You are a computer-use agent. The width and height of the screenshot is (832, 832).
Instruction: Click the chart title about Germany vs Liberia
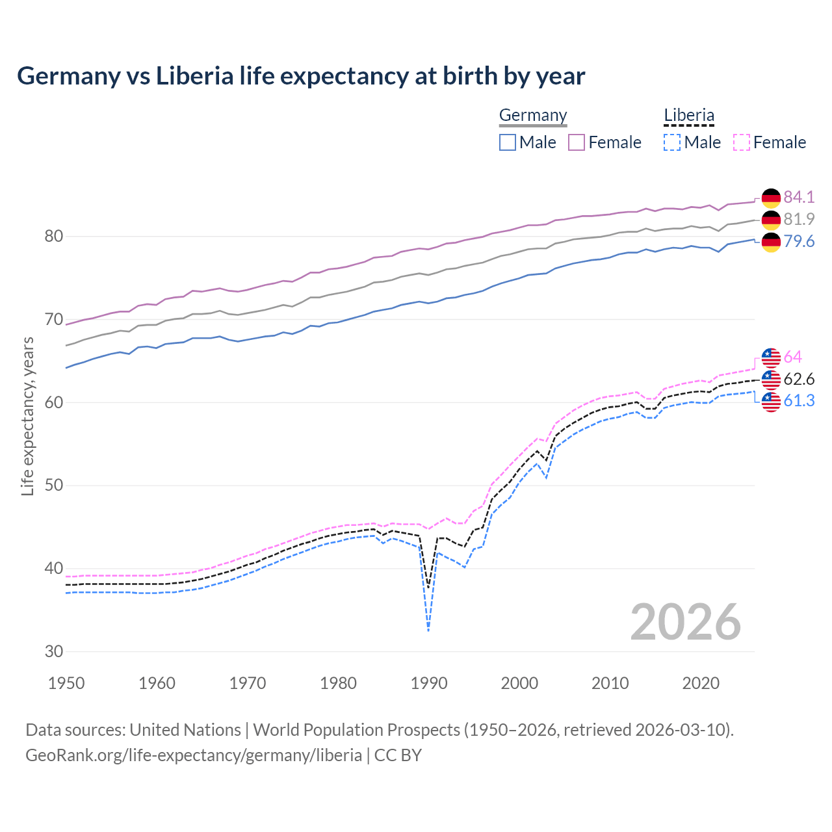point(301,76)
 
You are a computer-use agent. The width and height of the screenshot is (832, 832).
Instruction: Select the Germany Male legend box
point(508,142)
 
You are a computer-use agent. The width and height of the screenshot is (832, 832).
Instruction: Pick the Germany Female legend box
point(577,142)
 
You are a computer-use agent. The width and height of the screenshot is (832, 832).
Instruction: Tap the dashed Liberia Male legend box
point(672,142)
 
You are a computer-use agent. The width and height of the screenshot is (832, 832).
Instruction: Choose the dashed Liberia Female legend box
point(741,142)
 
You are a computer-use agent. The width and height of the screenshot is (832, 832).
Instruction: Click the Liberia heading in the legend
point(689,116)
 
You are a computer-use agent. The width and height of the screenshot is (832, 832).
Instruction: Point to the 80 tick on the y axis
point(53,236)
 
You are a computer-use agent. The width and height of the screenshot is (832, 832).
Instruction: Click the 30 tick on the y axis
point(53,651)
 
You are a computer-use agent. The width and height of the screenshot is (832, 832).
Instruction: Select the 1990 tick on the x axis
point(429,683)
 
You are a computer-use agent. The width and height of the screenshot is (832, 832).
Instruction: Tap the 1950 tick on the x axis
point(66,683)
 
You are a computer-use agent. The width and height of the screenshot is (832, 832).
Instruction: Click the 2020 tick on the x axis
point(701,683)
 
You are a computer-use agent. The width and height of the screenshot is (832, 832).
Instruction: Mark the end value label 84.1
point(799,197)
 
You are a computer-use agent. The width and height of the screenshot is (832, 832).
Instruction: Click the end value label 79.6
point(799,242)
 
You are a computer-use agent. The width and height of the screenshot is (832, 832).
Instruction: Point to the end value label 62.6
point(799,379)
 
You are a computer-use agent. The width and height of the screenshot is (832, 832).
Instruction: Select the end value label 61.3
point(799,401)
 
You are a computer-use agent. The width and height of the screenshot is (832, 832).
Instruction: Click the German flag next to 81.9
point(771,220)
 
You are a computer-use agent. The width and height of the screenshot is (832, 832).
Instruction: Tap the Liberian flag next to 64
point(771,357)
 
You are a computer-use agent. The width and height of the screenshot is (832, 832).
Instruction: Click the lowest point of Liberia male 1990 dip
point(428,630)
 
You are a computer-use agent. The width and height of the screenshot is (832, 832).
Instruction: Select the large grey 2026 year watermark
point(685,622)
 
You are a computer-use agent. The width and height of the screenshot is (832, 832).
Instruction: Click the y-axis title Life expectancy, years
point(27,416)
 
